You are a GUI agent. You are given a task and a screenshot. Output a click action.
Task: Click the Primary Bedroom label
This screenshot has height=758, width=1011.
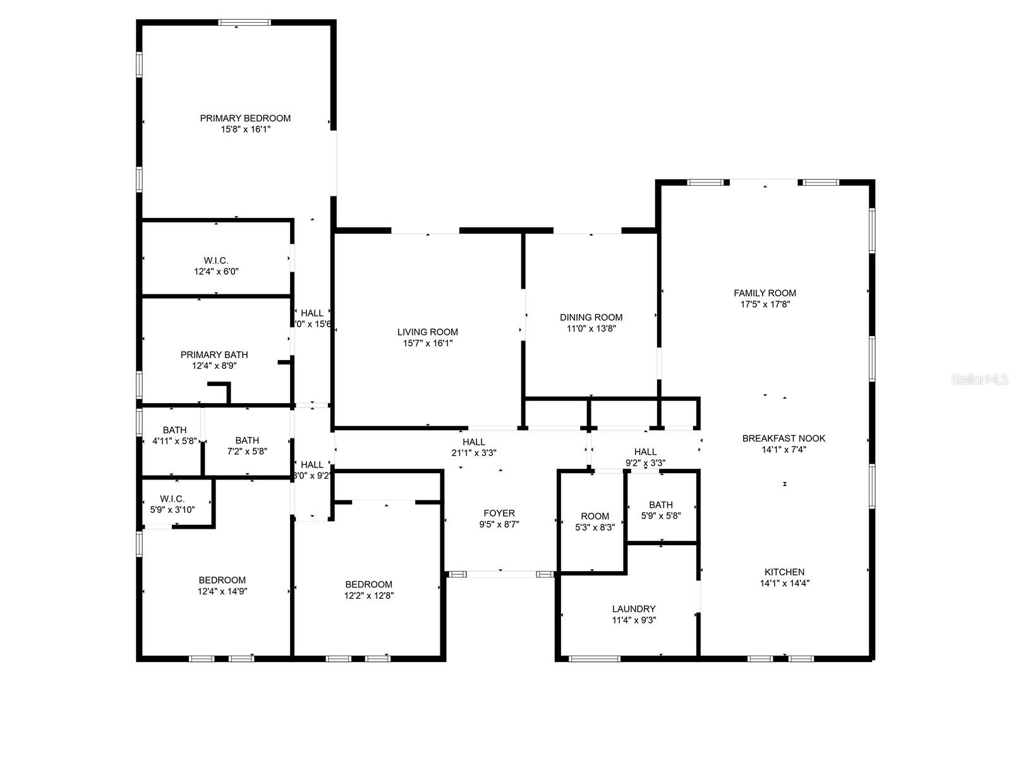[x=245, y=118]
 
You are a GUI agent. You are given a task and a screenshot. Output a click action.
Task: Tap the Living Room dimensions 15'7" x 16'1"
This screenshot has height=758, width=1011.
[x=428, y=344]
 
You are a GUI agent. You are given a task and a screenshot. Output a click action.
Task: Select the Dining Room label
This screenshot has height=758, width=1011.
[x=591, y=317]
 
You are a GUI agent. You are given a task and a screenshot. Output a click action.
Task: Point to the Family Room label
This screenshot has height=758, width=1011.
[x=765, y=293]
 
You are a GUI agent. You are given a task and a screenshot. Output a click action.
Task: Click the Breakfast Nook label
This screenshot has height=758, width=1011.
[x=784, y=438]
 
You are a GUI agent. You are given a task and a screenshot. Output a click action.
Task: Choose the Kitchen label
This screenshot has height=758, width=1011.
[x=784, y=572]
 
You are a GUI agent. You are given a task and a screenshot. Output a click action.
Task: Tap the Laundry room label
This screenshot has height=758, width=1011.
[x=634, y=609]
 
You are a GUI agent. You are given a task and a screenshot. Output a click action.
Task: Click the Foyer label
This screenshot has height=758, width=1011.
[x=499, y=513]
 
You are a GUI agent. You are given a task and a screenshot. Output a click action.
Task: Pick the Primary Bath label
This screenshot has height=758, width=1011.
[x=214, y=354]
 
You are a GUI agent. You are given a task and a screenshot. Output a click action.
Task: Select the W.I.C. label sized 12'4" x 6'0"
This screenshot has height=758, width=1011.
[x=216, y=260]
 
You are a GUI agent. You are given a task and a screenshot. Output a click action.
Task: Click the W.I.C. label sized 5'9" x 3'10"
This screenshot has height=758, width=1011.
[x=172, y=498]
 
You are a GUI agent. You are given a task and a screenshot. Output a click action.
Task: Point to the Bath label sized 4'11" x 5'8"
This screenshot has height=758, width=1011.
[x=174, y=430]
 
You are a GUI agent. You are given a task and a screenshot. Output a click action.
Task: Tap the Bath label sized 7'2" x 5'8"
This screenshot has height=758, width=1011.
[x=247, y=440]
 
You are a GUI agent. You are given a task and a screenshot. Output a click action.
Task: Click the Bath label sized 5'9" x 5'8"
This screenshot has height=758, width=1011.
[x=661, y=505]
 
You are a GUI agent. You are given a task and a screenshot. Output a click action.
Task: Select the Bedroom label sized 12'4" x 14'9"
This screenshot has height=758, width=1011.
[x=222, y=580]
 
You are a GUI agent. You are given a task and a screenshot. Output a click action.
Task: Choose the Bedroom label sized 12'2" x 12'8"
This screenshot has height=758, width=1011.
[x=368, y=584]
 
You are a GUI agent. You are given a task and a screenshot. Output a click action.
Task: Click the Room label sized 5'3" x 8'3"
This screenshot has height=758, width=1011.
[x=595, y=516]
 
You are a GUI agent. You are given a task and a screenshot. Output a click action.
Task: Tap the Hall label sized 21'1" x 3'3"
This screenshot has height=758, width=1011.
[x=473, y=442]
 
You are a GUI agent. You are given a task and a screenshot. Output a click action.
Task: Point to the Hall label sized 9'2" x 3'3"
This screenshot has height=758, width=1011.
[x=645, y=452]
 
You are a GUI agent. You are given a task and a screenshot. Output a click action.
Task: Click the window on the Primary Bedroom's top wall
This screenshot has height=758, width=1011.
[x=245, y=22]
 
